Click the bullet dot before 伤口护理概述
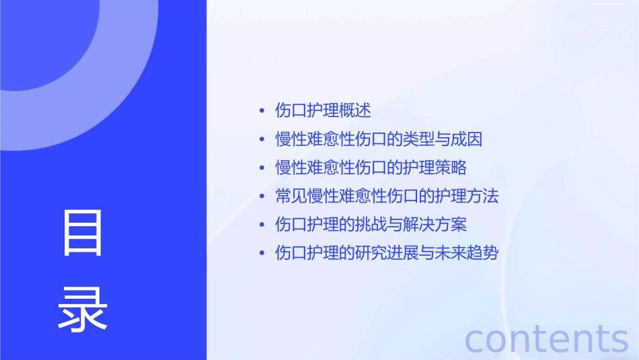point(262,111)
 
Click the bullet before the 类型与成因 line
point(262,140)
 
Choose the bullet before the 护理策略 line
point(262,168)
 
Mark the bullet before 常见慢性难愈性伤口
point(262,197)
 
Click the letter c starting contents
point(474,340)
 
